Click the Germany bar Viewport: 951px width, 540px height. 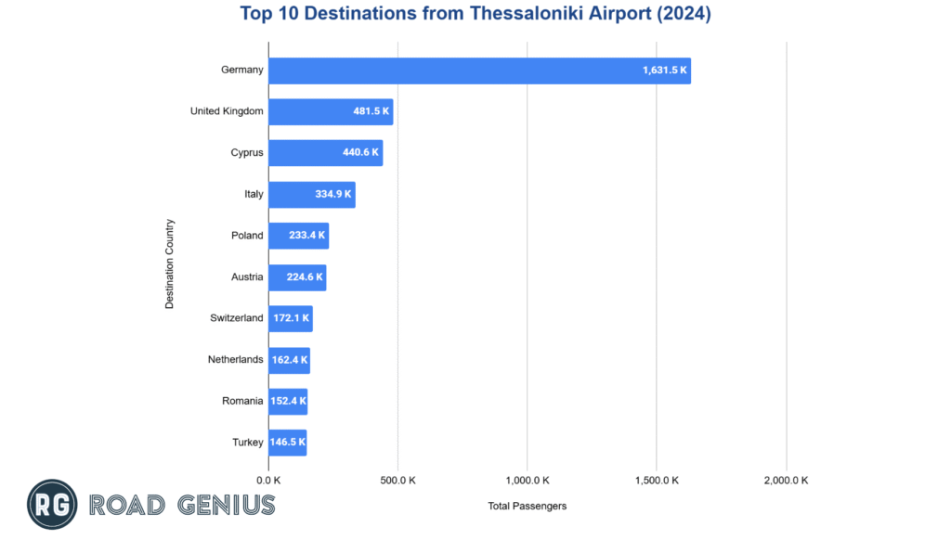(x=479, y=71)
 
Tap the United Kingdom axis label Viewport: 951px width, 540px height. (x=227, y=111)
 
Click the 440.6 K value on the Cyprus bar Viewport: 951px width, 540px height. (x=361, y=153)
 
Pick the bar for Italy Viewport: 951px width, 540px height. (x=311, y=194)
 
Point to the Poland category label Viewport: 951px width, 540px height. (x=247, y=236)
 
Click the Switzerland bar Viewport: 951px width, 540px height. (x=290, y=318)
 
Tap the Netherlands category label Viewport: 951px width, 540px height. (x=235, y=359)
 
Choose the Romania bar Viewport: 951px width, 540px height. (x=287, y=401)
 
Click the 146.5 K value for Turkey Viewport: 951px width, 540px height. (x=288, y=442)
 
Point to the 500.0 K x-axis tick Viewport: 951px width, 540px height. (x=397, y=481)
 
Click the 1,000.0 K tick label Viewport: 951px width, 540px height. (x=527, y=481)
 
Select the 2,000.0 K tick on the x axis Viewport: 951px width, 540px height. (x=786, y=481)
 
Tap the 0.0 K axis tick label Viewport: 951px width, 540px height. (x=268, y=481)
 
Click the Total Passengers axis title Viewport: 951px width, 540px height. (x=527, y=506)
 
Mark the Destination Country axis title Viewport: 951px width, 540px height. (x=170, y=264)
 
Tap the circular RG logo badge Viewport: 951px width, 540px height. (x=52, y=505)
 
